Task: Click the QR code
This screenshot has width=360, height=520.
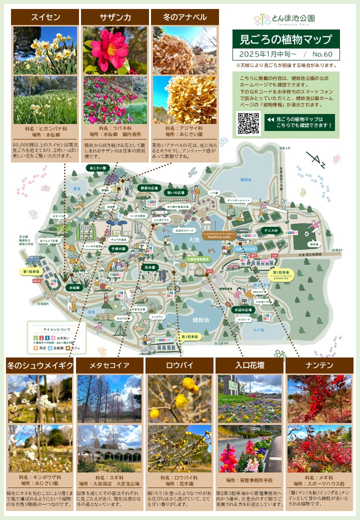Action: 248,123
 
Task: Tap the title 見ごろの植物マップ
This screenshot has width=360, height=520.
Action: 286,38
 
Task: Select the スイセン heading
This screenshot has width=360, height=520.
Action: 45,17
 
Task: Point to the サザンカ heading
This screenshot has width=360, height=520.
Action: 115,17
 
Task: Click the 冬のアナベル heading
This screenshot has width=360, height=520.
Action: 185,17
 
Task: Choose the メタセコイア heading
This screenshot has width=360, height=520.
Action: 109,365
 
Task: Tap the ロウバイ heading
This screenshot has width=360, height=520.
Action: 179,365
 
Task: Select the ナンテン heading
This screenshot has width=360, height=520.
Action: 319,365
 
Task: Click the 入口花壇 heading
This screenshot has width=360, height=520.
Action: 249,365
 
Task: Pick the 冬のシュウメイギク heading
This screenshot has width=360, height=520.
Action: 40,365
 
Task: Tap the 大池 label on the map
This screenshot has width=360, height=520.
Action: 179,240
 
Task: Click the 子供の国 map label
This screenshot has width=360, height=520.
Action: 118,248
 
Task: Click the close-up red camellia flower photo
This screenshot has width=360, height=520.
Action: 115,50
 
